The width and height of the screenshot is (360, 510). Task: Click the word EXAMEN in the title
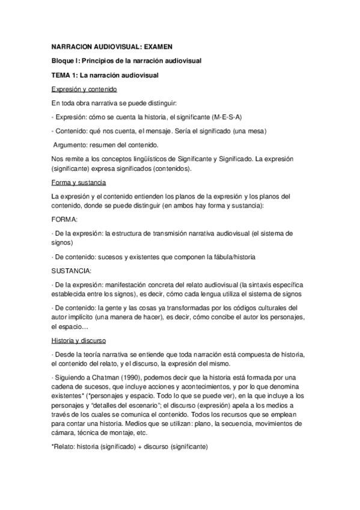point(158,46)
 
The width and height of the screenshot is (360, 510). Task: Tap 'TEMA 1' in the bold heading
point(66,75)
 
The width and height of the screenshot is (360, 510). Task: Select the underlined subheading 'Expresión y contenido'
point(88,89)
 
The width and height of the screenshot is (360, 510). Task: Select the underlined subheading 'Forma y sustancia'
point(79,182)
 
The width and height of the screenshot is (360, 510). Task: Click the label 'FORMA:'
point(65,220)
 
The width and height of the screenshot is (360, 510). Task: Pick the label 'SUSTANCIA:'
point(72,271)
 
